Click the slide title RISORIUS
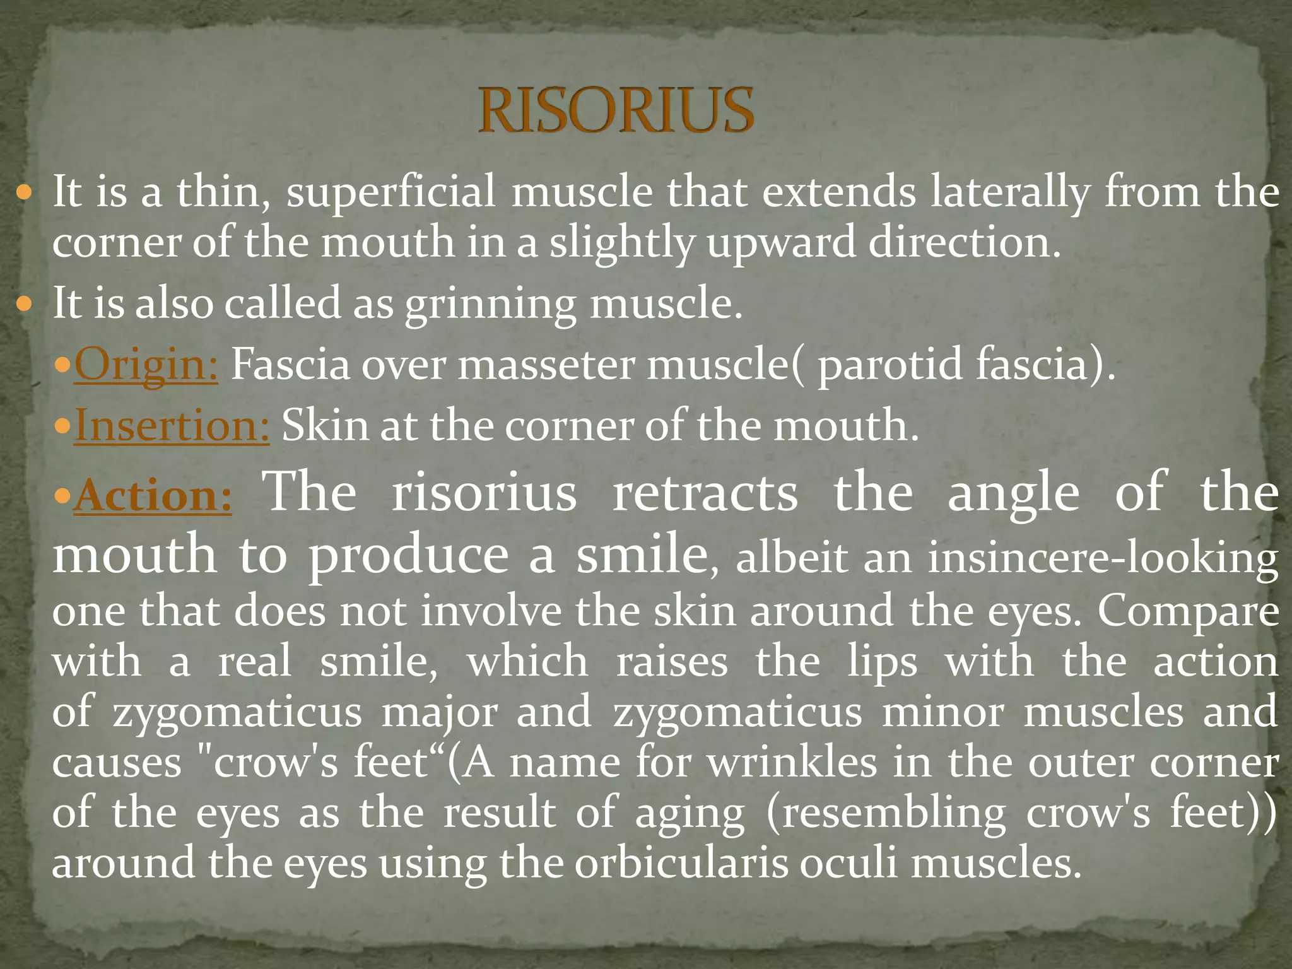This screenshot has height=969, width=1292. (616, 111)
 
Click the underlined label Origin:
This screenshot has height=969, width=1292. (146, 365)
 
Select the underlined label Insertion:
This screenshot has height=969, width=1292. (172, 426)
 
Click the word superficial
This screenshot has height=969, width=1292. (391, 192)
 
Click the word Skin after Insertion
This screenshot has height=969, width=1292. (324, 425)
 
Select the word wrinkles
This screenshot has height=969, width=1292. (792, 763)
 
